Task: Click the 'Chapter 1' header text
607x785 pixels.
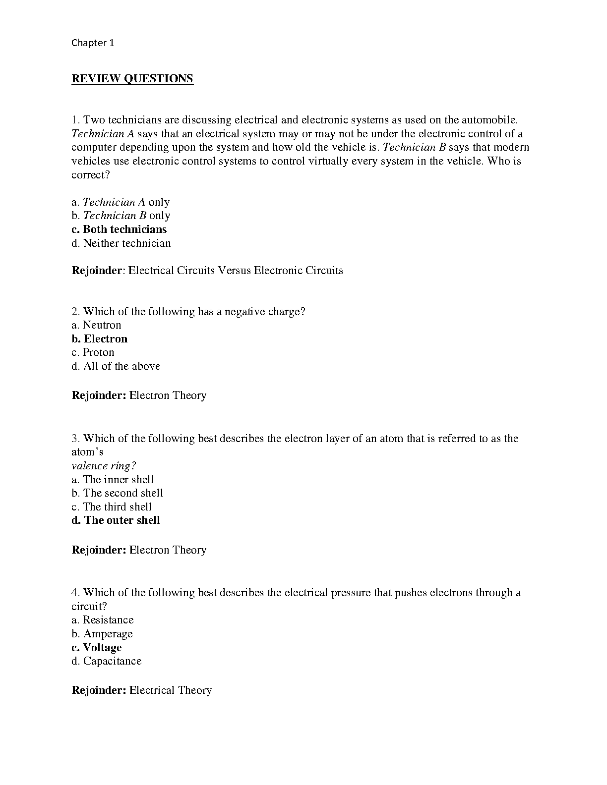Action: pos(93,43)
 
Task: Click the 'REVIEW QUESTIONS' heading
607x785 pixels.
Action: pos(132,78)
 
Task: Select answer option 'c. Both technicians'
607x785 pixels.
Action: pos(119,229)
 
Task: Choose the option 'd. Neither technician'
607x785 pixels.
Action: pos(121,243)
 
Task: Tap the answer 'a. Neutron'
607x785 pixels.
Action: pos(96,325)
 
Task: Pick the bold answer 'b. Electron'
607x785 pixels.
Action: pos(99,339)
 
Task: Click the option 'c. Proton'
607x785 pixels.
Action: pos(93,352)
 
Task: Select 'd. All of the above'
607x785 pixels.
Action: pos(116,366)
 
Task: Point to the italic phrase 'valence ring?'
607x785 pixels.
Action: pos(104,466)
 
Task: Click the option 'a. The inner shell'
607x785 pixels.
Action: pos(113,480)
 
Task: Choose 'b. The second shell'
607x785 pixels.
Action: pos(117,493)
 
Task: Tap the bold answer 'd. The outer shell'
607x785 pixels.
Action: pos(116,520)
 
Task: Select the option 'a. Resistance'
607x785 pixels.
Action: pos(102,620)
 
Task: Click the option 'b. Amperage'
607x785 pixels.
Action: pos(102,634)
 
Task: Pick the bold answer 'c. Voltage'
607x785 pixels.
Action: pos(96,648)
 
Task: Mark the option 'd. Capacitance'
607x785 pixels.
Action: pos(106,661)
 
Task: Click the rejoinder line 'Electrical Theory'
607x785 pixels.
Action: pos(170,690)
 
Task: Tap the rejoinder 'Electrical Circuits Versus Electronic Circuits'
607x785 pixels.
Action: pos(236,271)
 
